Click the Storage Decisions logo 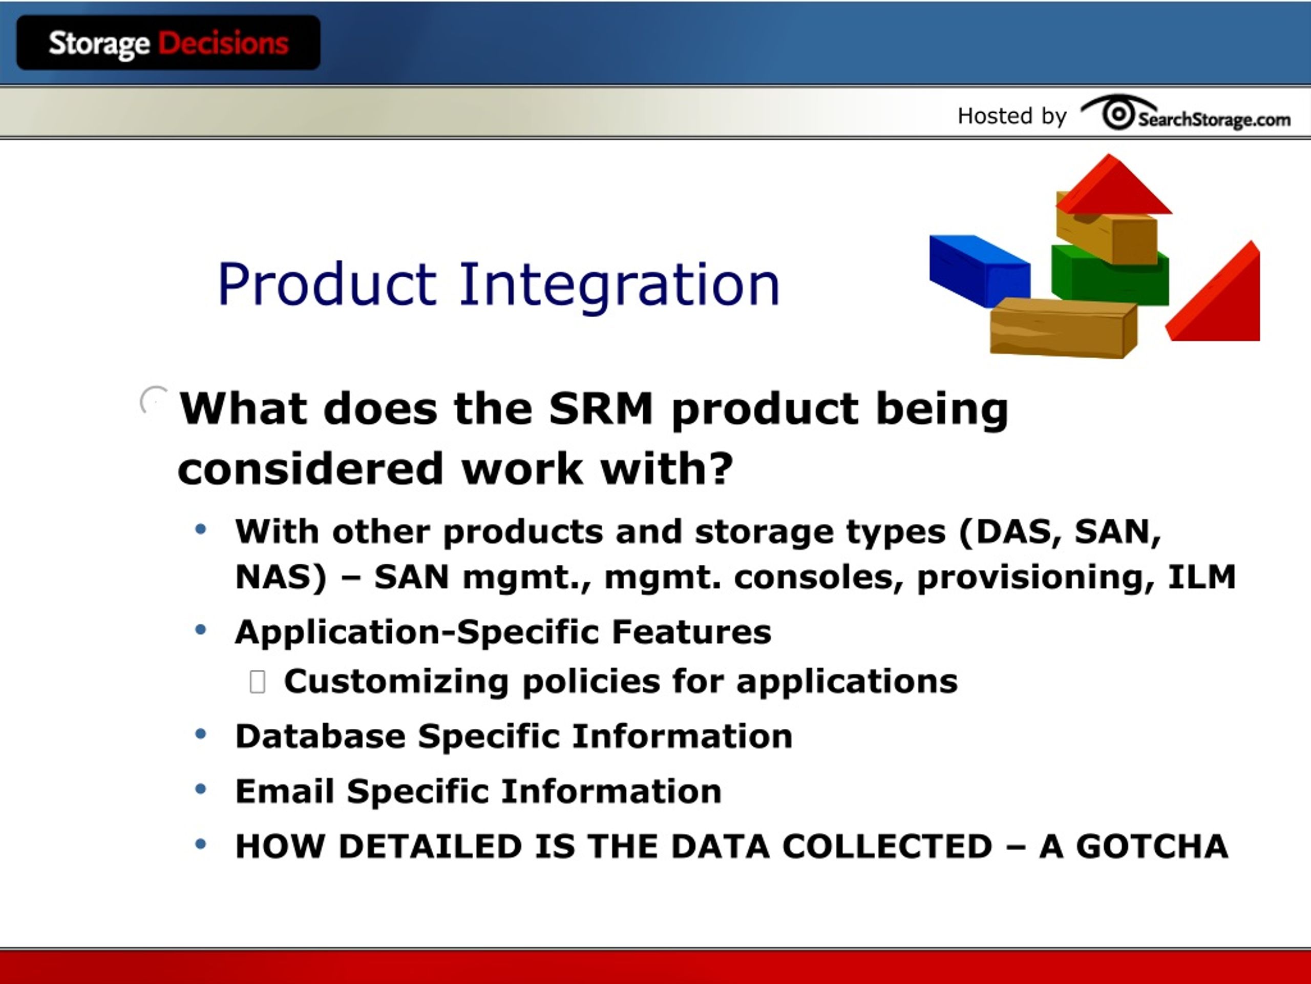[168, 43]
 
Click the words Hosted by [1012, 116]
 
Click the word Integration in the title [619, 288]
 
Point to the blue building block [979, 270]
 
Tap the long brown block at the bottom [1063, 327]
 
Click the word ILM [1202, 577]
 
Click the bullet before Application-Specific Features [201, 629]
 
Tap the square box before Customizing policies [257, 682]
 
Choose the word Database [321, 736]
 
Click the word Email [285, 791]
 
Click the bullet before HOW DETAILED [201, 844]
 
